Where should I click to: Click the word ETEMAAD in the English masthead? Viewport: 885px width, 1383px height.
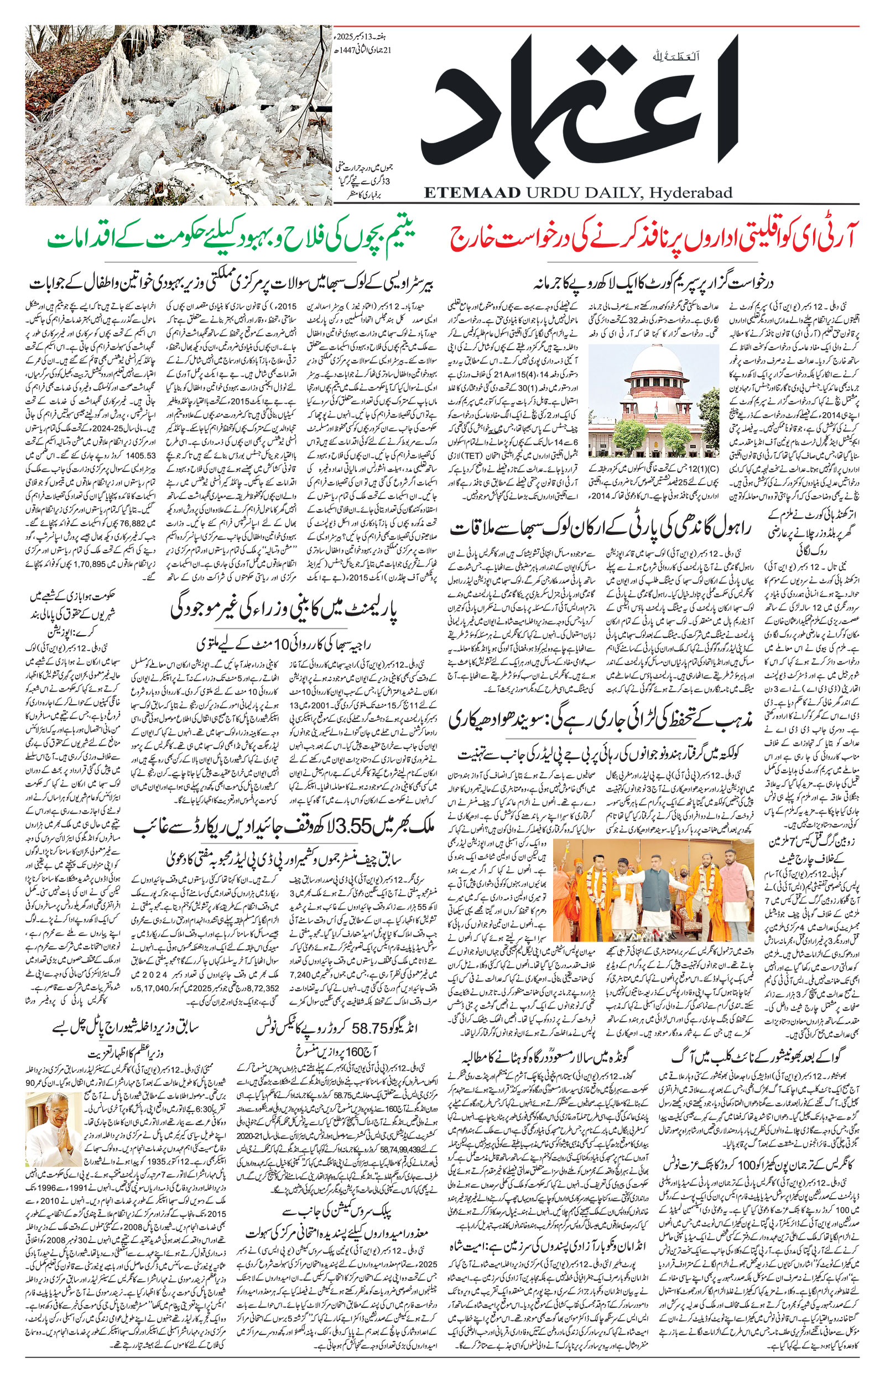click(x=471, y=193)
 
